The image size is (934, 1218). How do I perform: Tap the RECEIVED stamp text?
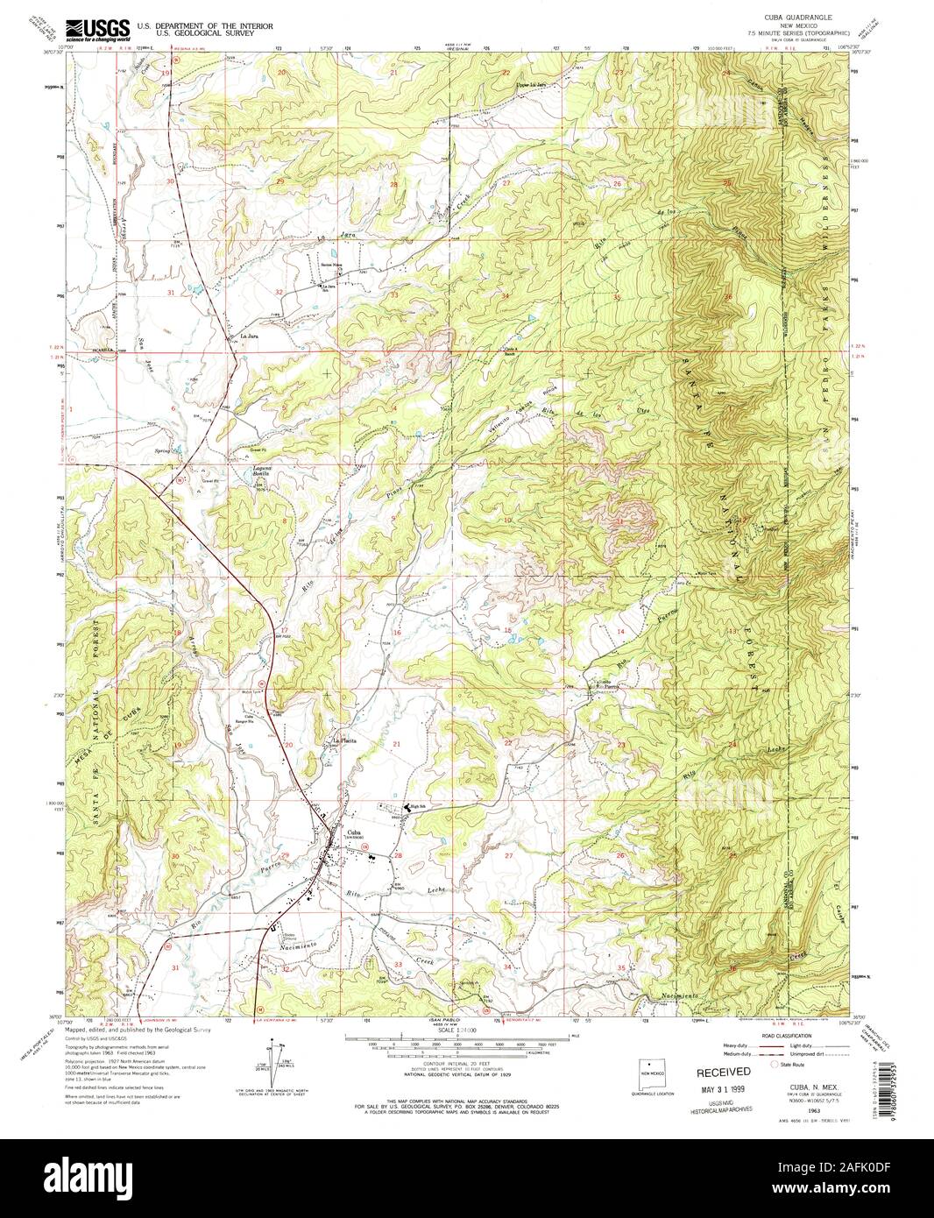pos(723,1072)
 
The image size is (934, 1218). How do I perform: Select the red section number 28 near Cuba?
pos(399,855)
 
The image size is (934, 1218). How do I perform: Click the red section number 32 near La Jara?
pos(279,291)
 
